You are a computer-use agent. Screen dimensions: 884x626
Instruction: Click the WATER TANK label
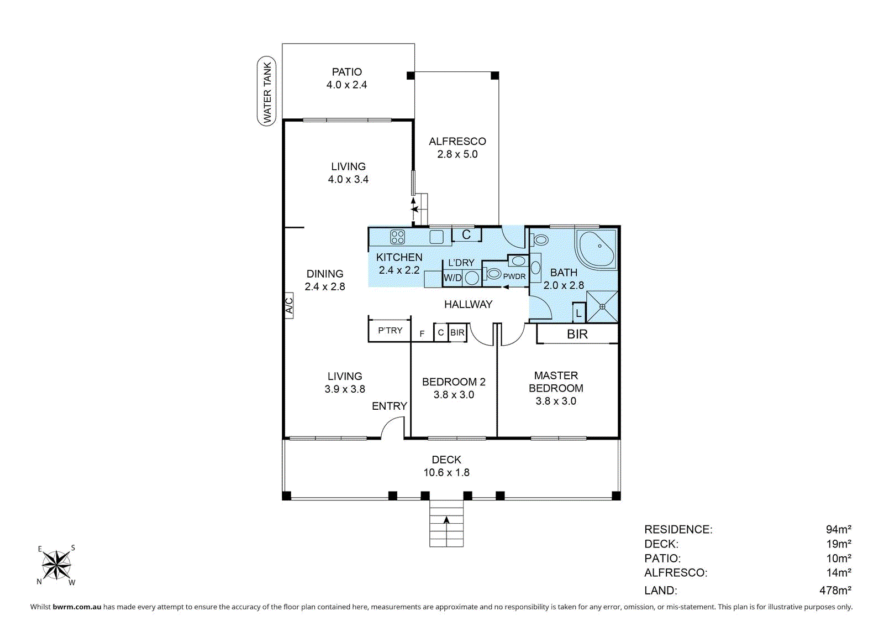click(x=267, y=91)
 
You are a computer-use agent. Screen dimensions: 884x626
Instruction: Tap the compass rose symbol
click(x=56, y=565)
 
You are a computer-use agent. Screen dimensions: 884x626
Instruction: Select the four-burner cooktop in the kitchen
click(x=397, y=237)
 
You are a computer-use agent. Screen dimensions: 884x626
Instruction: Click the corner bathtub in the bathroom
click(x=596, y=249)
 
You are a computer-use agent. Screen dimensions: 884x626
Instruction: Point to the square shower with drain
click(x=602, y=307)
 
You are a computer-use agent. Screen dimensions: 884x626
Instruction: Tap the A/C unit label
click(x=290, y=306)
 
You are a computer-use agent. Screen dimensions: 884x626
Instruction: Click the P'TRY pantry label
click(x=390, y=330)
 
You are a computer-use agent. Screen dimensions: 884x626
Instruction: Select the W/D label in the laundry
click(x=452, y=278)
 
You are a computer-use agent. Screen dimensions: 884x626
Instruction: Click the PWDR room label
click(x=514, y=277)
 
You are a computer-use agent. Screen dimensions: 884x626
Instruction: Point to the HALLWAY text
click(x=468, y=304)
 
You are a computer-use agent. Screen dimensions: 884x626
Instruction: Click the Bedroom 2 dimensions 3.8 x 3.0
click(x=454, y=394)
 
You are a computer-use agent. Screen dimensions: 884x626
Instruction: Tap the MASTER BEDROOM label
click(x=556, y=382)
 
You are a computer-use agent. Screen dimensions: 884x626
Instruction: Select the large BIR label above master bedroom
click(x=577, y=334)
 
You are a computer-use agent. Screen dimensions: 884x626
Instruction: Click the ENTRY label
click(x=389, y=406)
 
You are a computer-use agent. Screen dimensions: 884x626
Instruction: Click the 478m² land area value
click(x=835, y=590)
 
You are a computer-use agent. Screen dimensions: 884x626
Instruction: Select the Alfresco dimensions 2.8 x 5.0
click(x=457, y=154)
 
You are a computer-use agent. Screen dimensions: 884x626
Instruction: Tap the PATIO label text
click(x=346, y=72)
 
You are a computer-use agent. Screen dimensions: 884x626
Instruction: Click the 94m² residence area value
click(x=839, y=529)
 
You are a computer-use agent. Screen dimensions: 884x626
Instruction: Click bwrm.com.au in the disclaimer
click(x=77, y=607)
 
